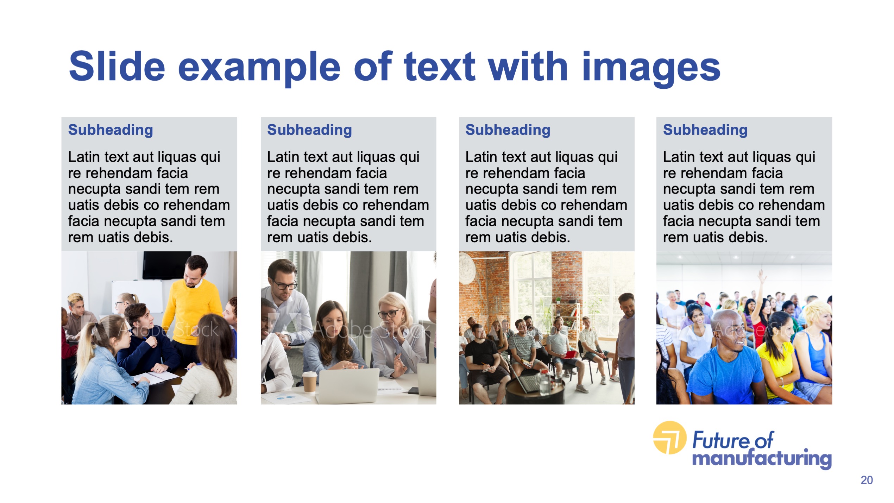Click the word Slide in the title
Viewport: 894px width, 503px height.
click(x=117, y=66)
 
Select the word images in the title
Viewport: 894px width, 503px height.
click(x=651, y=69)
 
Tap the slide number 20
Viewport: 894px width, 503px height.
click(x=867, y=480)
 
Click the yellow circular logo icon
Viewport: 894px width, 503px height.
click(x=669, y=438)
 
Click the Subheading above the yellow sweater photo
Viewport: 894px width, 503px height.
click(x=111, y=130)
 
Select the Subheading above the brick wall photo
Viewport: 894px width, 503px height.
click(x=508, y=130)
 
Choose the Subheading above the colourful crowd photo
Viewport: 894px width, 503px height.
click(x=705, y=130)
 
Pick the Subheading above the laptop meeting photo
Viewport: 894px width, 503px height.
click(x=309, y=130)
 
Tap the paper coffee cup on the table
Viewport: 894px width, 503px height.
click(x=309, y=382)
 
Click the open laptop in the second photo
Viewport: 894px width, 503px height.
click(x=348, y=385)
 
